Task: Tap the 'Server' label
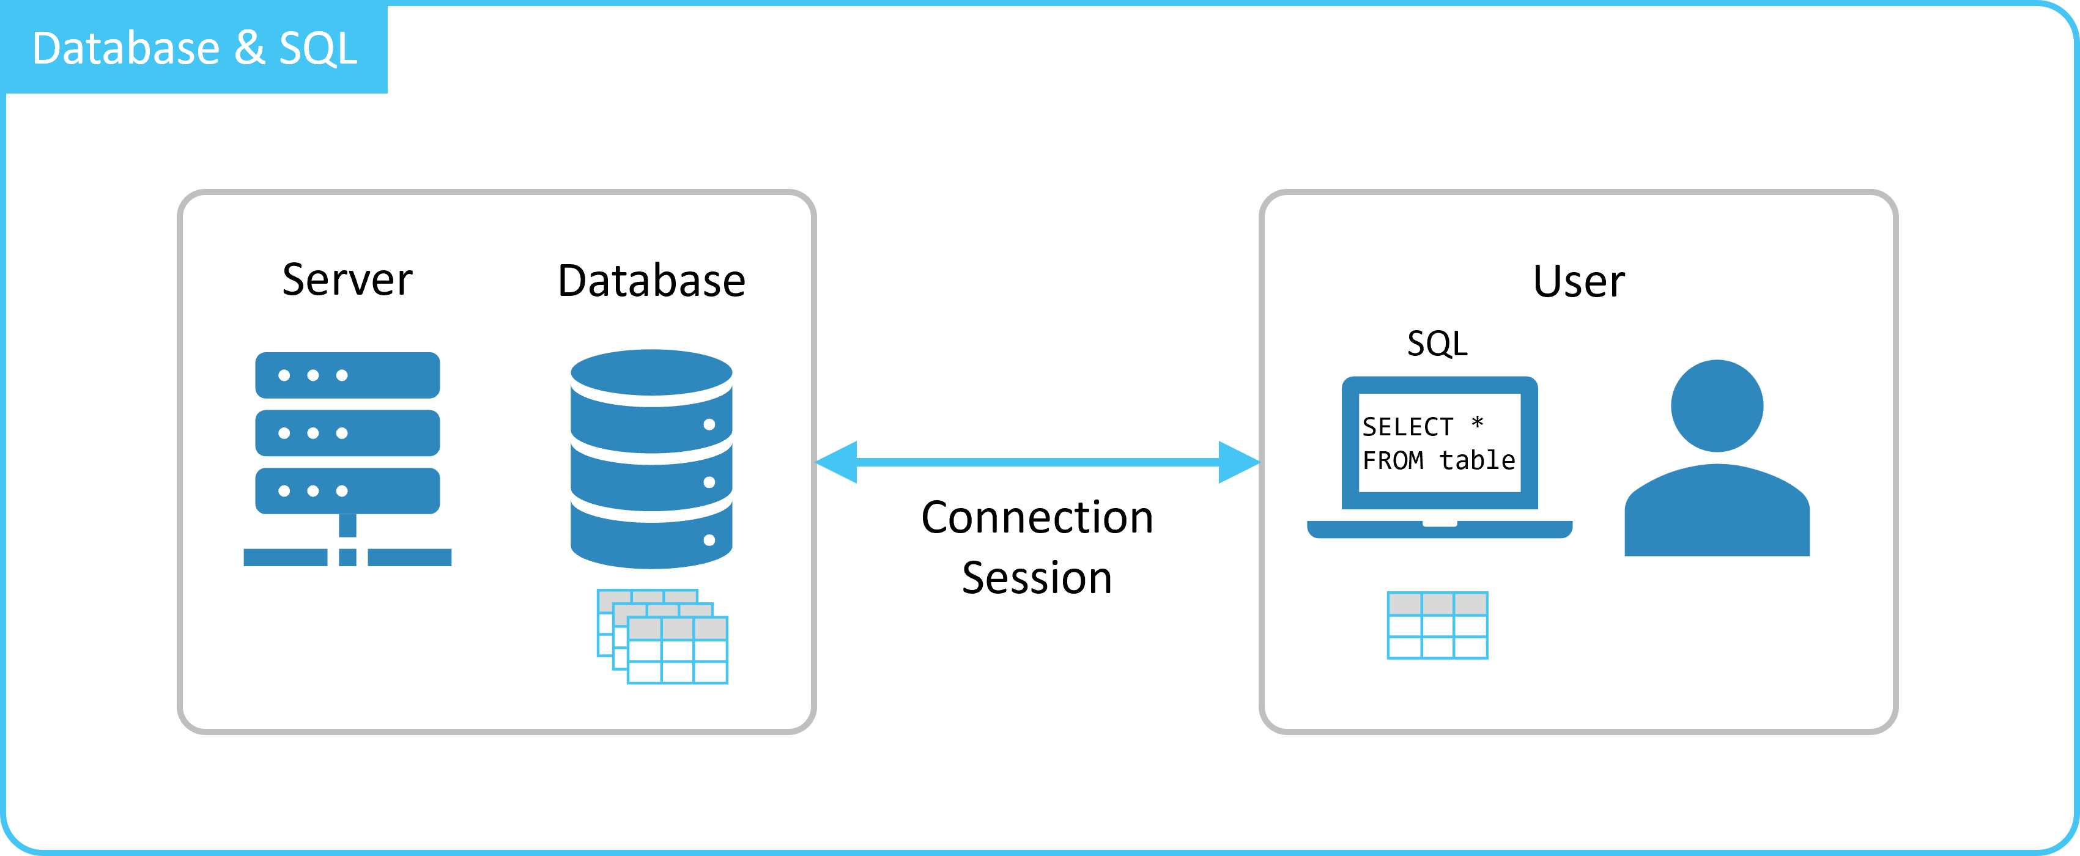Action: pos(347,279)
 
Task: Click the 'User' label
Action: pos(1579,281)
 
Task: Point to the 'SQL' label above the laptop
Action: pos(1437,343)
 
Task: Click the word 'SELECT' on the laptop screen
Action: pos(1407,426)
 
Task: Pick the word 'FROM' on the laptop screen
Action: pos(1393,460)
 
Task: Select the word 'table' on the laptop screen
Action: pos(1478,460)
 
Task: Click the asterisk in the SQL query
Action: pos(1477,422)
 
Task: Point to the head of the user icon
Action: pos(1717,405)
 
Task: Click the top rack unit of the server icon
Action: pos(347,375)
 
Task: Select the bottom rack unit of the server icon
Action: pos(347,491)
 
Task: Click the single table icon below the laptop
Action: pos(1437,625)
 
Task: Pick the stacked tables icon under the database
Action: pos(662,636)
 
